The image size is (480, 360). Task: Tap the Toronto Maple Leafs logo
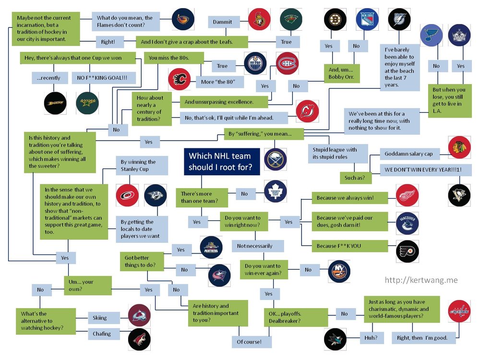pyautogui.click(x=276, y=191)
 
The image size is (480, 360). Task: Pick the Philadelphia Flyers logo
pyautogui.click(x=408, y=250)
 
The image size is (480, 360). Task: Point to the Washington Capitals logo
pyautogui.click(x=459, y=311)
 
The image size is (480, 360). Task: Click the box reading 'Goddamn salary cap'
pyautogui.click(x=408, y=154)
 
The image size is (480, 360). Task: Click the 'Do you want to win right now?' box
pyautogui.click(x=243, y=222)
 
